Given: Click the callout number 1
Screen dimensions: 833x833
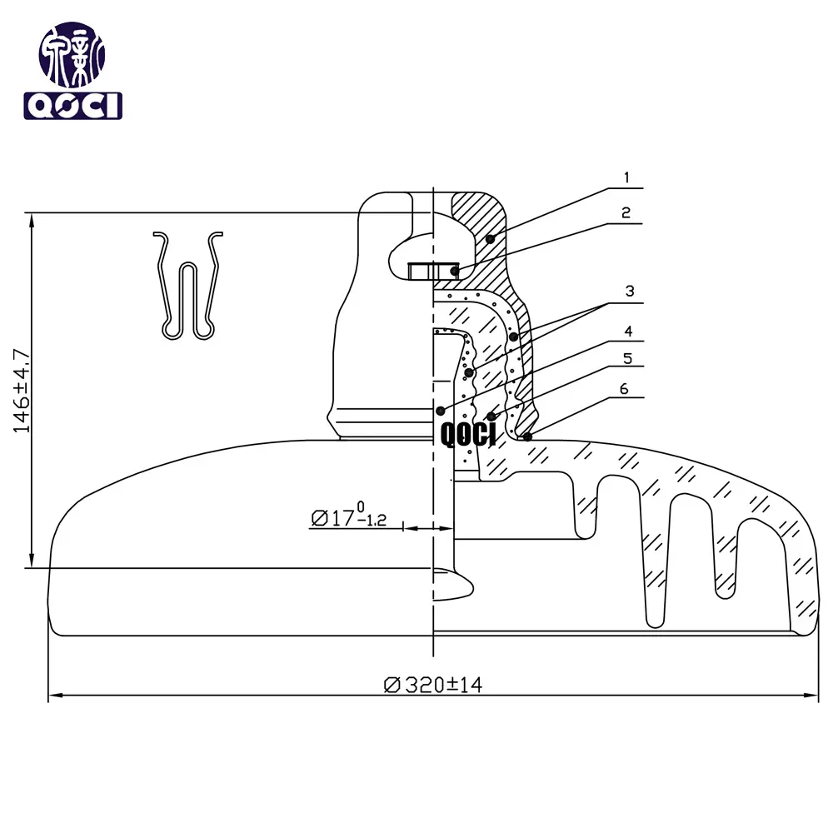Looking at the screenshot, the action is pos(627,177).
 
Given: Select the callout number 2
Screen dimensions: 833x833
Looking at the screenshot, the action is pos(626,212).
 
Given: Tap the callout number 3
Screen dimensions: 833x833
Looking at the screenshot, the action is pos(630,291).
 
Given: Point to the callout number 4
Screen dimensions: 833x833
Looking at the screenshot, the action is pos(628,332).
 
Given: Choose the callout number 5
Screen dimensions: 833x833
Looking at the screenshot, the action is pos(628,358).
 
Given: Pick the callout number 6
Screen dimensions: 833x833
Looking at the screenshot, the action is pos(624,389).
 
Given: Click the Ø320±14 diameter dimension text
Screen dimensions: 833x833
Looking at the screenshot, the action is pos(433,685).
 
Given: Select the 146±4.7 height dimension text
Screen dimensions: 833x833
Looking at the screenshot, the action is pos(22,391).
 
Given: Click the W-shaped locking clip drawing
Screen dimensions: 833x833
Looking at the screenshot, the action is pos(188,286).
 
